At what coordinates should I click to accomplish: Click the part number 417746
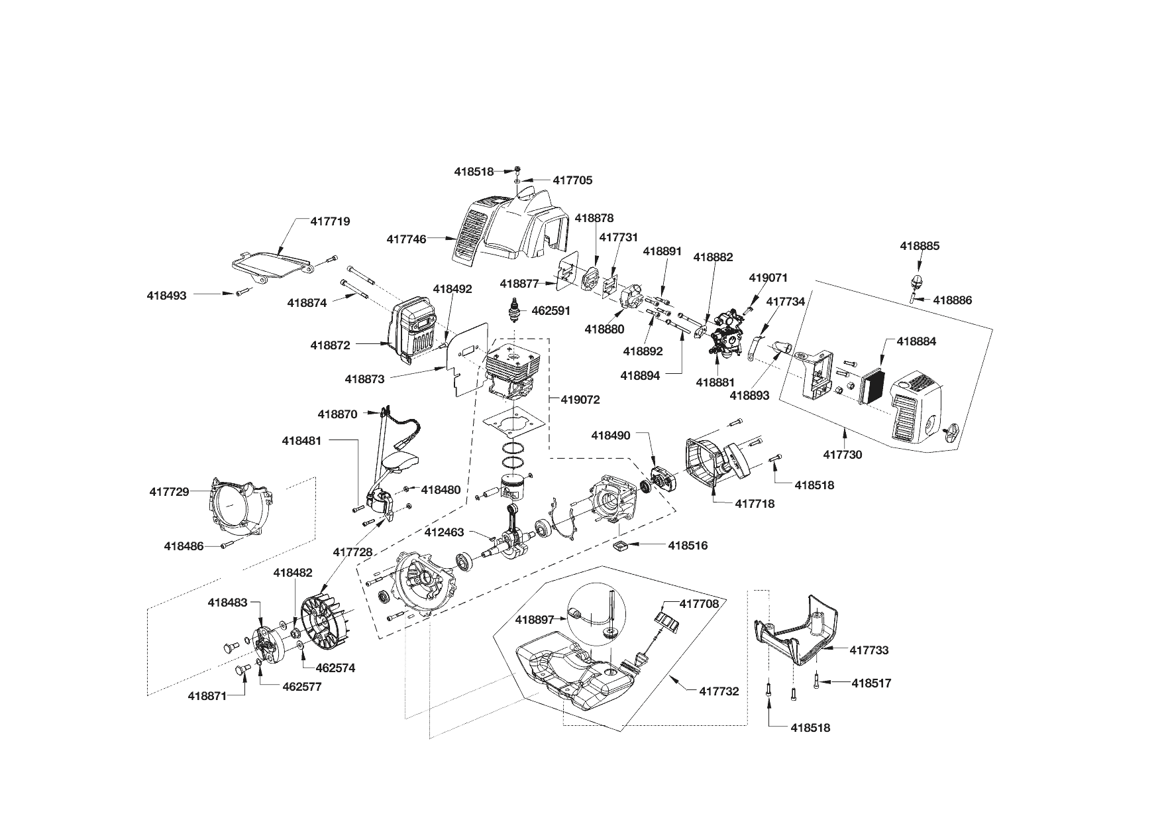point(406,239)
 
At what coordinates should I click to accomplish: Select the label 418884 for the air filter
point(916,341)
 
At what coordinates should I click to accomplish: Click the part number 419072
point(580,400)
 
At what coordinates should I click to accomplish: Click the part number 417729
point(169,492)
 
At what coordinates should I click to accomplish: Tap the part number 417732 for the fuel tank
point(719,691)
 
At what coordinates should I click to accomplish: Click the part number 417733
point(869,650)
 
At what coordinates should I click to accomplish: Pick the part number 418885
point(920,246)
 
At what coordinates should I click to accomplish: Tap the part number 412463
point(444,532)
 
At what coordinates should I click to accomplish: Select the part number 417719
point(330,221)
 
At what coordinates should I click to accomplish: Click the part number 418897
point(535,619)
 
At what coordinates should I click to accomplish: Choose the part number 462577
point(301,687)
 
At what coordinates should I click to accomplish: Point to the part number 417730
point(843,455)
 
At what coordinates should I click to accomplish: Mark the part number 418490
point(611,436)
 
